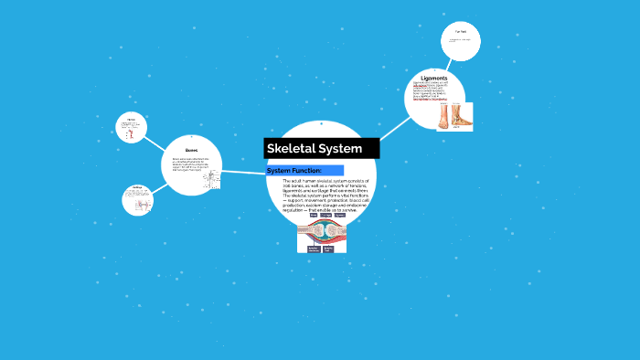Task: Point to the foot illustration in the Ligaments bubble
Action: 453,116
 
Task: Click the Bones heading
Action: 191,151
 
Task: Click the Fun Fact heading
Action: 461,33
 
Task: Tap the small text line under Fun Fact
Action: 460,40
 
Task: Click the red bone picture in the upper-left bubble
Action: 131,133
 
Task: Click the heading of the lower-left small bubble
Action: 137,189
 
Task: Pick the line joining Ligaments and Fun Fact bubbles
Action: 449,64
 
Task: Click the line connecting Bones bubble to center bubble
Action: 242,171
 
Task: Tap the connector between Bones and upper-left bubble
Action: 155,140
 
